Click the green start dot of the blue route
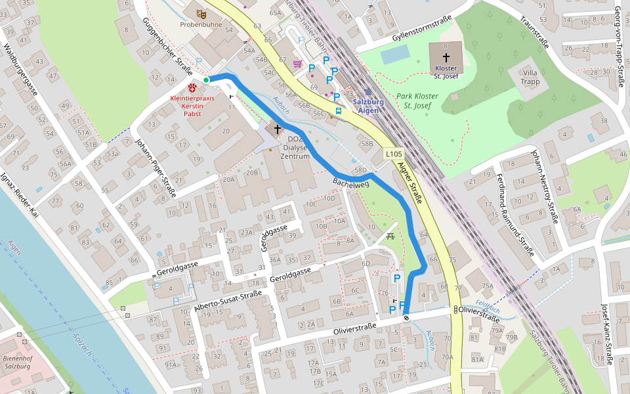[x=206, y=80]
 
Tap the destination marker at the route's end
[x=406, y=318]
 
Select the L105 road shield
[x=394, y=154]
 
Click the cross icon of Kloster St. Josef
[x=446, y=58]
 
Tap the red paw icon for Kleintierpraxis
[x=192, y=87]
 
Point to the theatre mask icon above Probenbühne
[x=201, y=12]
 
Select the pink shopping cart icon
[x=297, y=64]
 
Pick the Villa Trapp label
[x=530, y=77]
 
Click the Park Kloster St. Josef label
[x=417, y=100]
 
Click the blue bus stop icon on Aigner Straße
[x=339, y=111]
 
